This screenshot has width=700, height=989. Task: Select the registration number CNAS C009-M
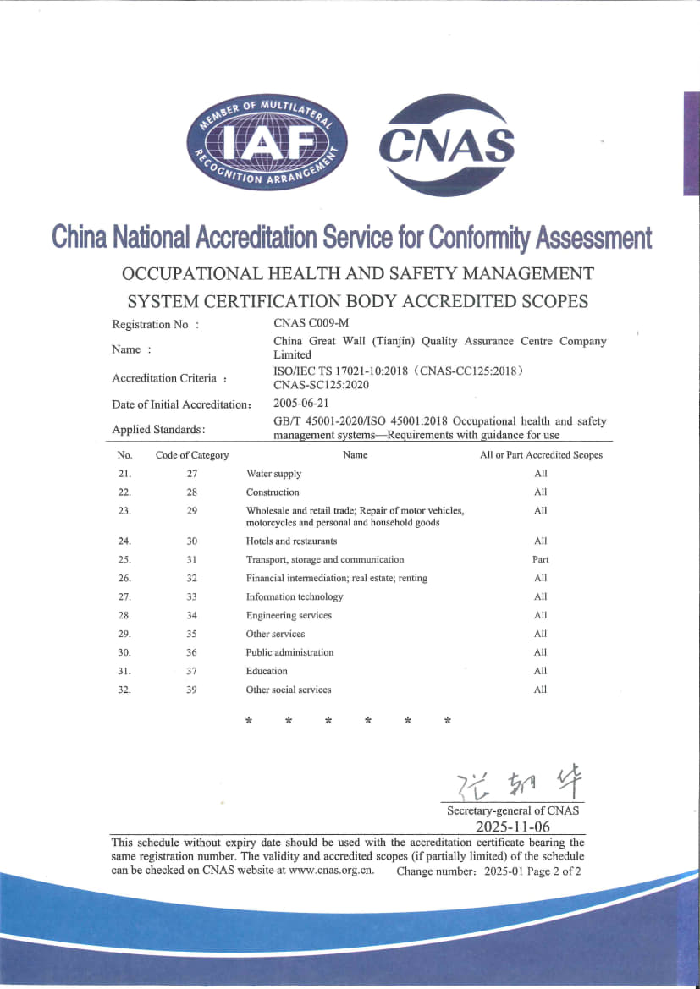tap(311, 322)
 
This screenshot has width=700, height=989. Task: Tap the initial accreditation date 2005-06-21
tap(302, 404)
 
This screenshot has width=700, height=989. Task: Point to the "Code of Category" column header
tap(192, 455)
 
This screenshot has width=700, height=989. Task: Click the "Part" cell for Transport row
tap(541, 559)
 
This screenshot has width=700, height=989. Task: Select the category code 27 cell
tap(192, 474)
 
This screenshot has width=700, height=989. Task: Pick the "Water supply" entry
tap(273, 474)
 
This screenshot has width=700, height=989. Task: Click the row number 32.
tap(124, 690)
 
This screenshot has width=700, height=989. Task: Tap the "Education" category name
tap(267, 671)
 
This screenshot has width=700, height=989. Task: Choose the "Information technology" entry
tap(295, 596)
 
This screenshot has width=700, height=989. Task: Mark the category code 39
tap(192, 690)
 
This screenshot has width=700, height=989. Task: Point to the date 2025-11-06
tap(513, 827)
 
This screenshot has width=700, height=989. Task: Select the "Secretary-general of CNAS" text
tap(513, 810)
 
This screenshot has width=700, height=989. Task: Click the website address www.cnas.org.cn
tap(331, 870)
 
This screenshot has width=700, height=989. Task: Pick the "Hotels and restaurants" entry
tap(291, 541)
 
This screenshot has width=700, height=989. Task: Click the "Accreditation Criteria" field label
tap(164, 378)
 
